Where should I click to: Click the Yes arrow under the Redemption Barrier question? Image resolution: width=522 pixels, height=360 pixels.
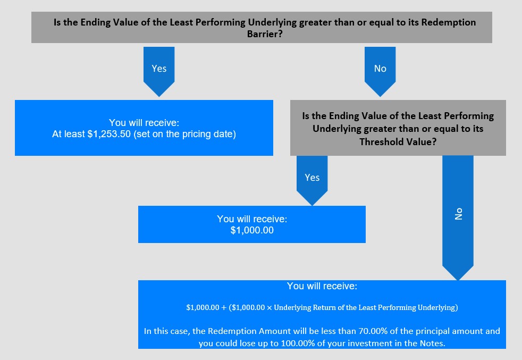[x=159, y=71]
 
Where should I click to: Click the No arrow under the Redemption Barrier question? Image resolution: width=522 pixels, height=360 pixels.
[x=380, y=71]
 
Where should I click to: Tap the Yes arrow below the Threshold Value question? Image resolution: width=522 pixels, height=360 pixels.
[x=312, y=180]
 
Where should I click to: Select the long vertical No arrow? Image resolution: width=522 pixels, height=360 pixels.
[x=458, y=218]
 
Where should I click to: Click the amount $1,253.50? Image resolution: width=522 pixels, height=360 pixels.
[x=109, y=134]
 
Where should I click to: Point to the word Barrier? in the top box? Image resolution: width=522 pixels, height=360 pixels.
[x=265, y=34]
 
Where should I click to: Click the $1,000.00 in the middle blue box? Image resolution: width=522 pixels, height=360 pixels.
[x=252, y=230]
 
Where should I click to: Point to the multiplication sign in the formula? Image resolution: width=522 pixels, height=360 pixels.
[x=270, y=308]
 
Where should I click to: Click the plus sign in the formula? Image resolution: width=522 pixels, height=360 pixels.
[x=224, y=308]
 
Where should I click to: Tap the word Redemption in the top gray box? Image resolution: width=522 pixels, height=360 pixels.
[x=449, y=22]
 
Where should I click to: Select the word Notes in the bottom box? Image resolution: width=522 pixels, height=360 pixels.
[x=431, y=344]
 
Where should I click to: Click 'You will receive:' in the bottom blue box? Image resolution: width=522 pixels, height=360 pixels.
[x=322, y=286]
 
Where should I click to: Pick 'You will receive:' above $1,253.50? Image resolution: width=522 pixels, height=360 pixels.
[x=144, y=123]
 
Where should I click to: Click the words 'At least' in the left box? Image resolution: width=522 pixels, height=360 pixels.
[x=68, y=134]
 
